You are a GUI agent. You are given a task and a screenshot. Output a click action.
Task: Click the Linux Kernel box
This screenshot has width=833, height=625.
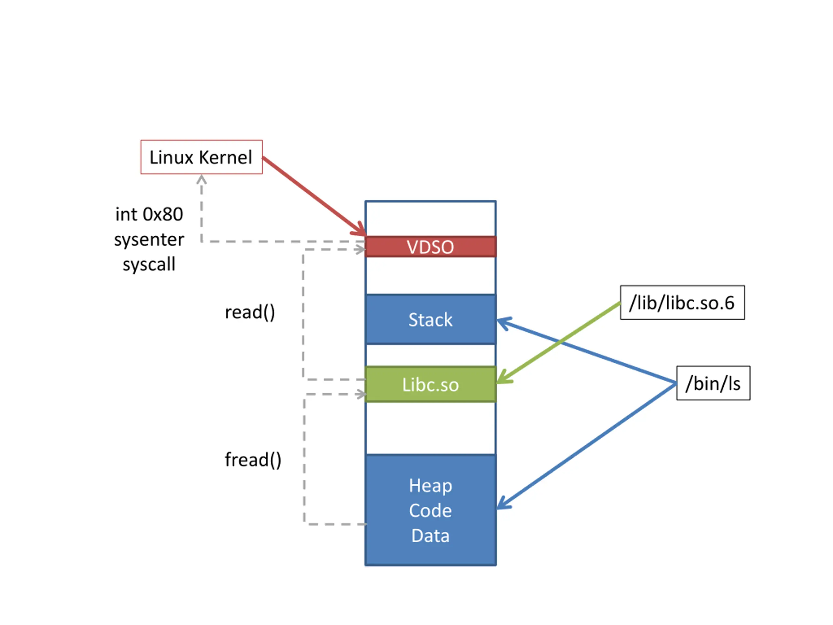click(x=201, y=157)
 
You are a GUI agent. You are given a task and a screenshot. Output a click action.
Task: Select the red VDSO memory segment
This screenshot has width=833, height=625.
click(x=430, y=247)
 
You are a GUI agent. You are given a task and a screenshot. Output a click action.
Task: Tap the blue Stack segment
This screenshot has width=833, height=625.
click(x=430, y=319)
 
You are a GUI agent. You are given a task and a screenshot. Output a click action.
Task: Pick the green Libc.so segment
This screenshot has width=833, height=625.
click(x=430, y=384)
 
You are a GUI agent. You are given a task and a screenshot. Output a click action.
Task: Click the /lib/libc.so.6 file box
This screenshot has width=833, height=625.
click(x=682, y=302)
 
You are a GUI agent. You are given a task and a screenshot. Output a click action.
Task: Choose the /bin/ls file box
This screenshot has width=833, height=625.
click(x=713, y=383)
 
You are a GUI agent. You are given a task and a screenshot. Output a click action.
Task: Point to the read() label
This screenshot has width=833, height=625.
click(x=250, y=312)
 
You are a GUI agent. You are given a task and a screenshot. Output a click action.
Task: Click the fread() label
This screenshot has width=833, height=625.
click(x=253, y=460)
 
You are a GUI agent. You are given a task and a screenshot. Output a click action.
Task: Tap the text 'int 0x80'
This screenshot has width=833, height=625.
click(x=149, y=215)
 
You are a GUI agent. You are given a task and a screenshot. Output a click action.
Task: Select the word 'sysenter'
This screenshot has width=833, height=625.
click(x=149, y=240)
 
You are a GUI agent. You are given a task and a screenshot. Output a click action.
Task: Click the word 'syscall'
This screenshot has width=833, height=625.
click(x=149, y=264)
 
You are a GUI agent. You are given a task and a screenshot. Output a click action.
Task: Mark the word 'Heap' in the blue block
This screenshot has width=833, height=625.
click(x=430, y=486)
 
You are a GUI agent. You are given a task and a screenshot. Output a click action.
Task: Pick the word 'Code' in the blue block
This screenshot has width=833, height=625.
click(x=430, y=510)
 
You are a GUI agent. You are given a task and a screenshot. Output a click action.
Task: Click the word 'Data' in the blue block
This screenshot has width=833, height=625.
click(x=430, y=535)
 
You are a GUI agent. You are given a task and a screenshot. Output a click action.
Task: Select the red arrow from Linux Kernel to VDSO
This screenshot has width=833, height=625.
click(x=314, y=197)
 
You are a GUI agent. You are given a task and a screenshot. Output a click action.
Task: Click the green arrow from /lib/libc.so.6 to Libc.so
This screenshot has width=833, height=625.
click(x=558, y=343)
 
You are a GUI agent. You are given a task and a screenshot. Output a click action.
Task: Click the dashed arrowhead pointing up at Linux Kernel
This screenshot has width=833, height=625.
click(x=201, y=179)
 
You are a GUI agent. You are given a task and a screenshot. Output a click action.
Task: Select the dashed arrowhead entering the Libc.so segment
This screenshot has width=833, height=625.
click(x=361, y=395)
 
